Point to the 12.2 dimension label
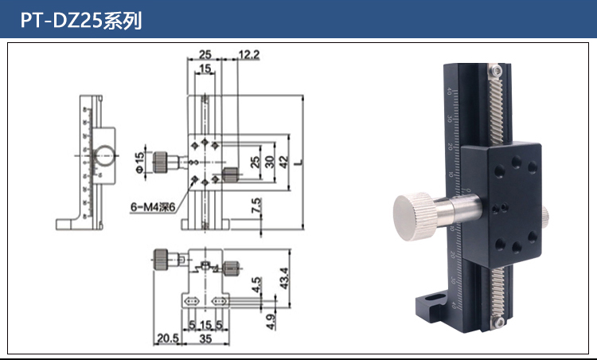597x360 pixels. click(249, 54)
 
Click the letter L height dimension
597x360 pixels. click(298, 162)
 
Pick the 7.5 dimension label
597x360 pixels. click(256, 206)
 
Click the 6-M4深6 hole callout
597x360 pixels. click(158, 208)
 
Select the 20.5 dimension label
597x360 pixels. click(168, 338)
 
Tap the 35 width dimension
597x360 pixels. click(205, 338)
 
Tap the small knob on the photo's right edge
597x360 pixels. click(545, 215)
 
